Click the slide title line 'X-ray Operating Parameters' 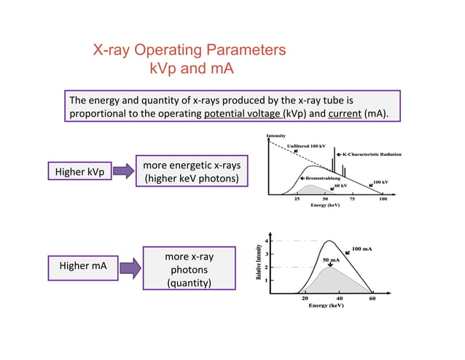pyautogui.click(x=189, y=50)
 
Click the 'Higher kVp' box pyautogui.click(x=80, y=171)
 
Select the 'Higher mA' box pyautogui.click(x=82, y=266)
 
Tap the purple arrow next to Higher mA pyautogui.click(x=130, y=267)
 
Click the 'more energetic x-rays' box pyautogui.click(x=192, y=171)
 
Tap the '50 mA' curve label pyautogui.click(x=331, y=259)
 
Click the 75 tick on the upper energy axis pyautogui.click(x=352, y=198)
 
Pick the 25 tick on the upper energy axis pyautogui.click(x=297, y=198)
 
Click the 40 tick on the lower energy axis pyautogui.click(x=340, y=298)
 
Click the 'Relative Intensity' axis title pyautogui.click(x=258, y=262)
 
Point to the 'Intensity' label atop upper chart pyautogui.click(x=276, y=136)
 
